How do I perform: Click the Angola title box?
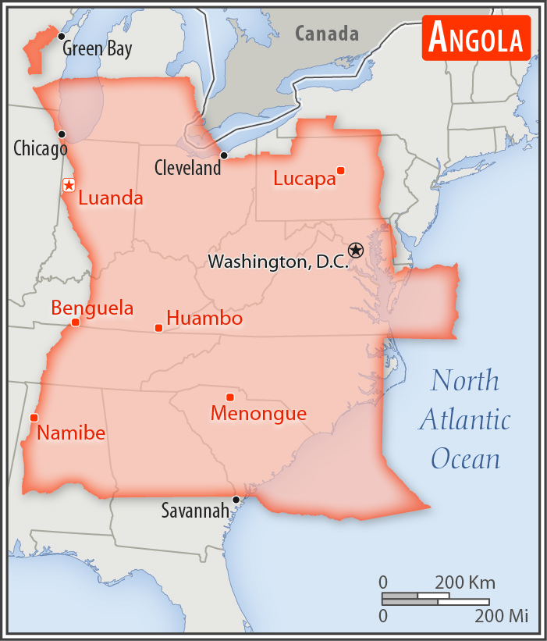[476, 37]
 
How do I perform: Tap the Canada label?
[327, 34]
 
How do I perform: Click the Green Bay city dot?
[61, 37]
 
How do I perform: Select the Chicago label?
[41, 148]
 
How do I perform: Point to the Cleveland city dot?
[224, 155]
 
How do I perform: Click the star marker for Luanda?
[69, 185]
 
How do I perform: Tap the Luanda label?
[111, 198]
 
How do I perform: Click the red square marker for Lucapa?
[340, 170]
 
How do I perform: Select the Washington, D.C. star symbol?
[356, 250]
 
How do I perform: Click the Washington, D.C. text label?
[278, 262]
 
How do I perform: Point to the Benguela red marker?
[75, 322]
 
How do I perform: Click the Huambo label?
[204, 319]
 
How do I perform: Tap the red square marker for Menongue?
[229, 397]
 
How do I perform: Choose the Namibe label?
[71, 433]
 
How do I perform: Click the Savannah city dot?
[236, 500]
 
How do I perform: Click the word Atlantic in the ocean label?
[465, 420]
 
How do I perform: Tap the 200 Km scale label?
[464, 582]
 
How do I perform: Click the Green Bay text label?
[98, 48]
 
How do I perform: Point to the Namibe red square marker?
[34, 418]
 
